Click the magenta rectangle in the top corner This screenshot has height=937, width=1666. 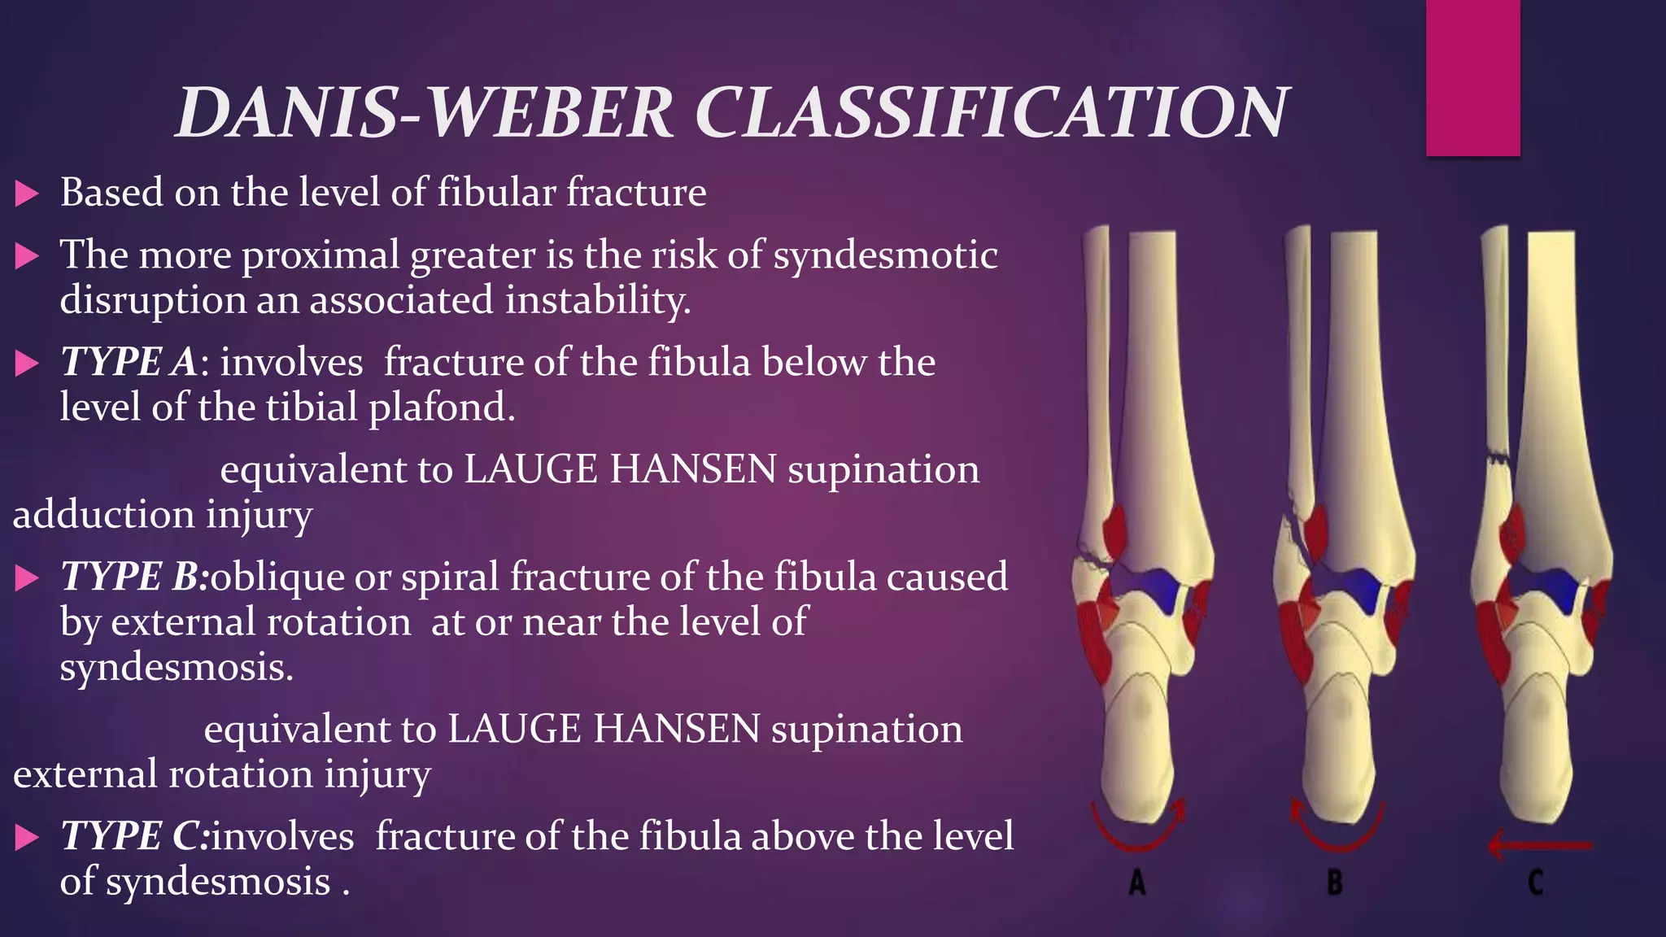point(1472,77)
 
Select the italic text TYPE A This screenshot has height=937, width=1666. point(128,362)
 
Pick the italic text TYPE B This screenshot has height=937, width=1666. point(133,577)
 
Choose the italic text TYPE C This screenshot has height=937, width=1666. point(133,836)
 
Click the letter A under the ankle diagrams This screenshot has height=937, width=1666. point(1137,882)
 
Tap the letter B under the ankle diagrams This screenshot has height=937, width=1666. point(1334,882)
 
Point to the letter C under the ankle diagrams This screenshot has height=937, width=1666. point(1535,882)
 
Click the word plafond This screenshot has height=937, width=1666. point(442,407)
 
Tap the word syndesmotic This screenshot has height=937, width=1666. point(885,255)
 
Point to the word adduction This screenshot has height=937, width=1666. point(103,515)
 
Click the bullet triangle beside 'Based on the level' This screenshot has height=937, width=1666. point(27,194)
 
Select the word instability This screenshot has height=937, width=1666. point(597,300)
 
